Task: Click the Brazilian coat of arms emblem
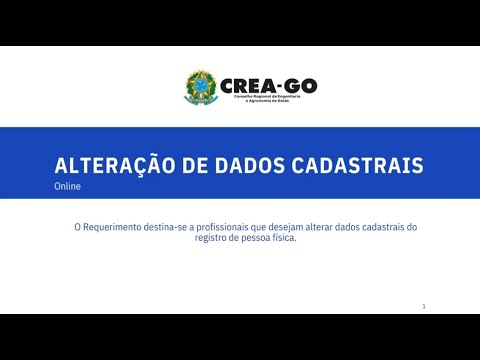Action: click(x=200, y=87)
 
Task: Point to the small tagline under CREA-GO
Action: click(x=262, y=99)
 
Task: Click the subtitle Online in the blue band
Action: click(x=68, y=186)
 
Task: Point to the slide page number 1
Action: click(x=424, y=306)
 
